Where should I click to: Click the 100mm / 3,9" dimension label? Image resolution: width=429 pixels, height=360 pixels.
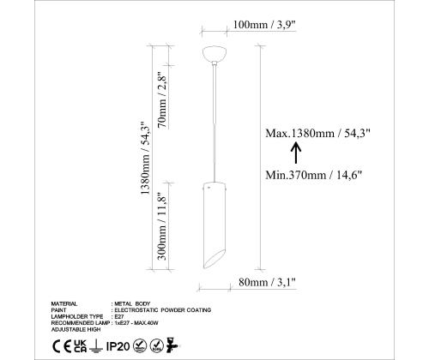pos(264,25)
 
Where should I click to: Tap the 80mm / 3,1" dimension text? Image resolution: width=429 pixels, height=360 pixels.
pos(267,283)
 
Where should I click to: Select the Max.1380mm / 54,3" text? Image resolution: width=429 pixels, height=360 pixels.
pos(317,133)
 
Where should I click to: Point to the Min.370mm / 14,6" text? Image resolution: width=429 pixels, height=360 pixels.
pos(314,175)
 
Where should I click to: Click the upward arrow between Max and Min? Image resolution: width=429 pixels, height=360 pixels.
pos(296,153)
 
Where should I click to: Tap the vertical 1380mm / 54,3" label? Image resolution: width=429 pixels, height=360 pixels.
pos(145,159)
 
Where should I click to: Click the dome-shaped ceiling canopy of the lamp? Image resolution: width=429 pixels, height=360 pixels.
pos(214,54)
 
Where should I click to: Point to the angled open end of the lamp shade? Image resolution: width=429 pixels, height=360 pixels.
pos(214,260)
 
